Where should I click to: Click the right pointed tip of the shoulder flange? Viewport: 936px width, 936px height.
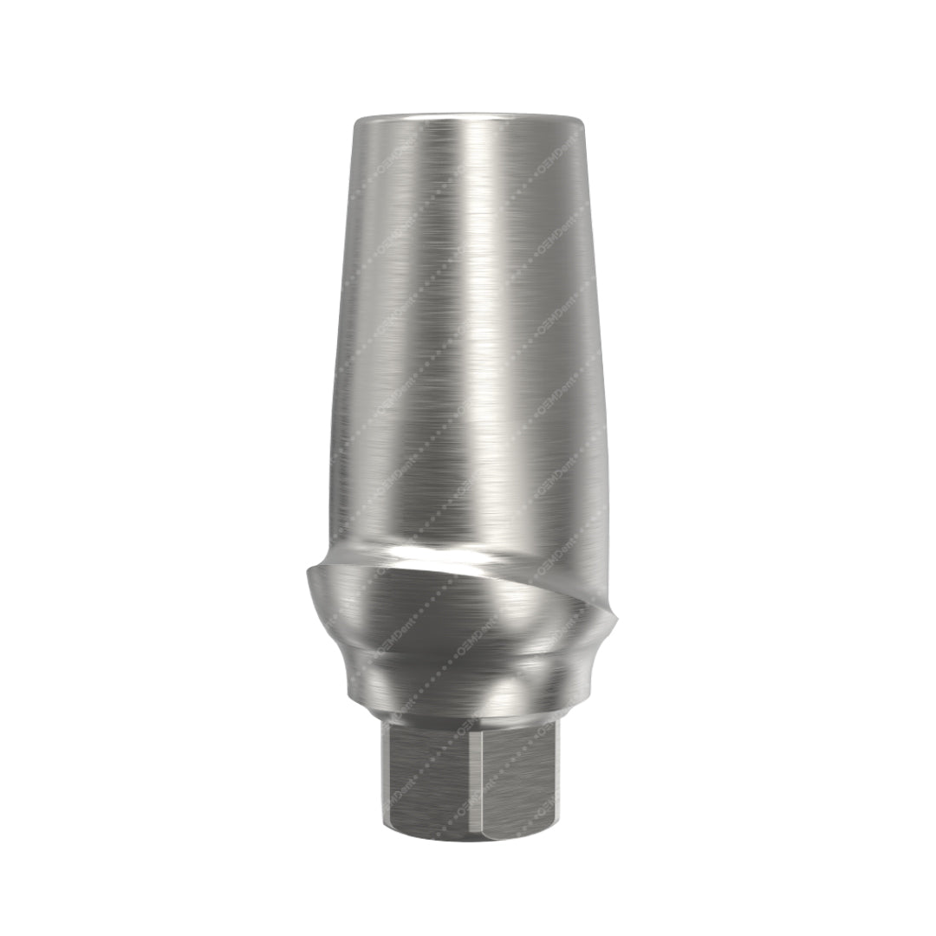[621, 616]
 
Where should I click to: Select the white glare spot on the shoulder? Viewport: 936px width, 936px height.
[416, 553]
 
